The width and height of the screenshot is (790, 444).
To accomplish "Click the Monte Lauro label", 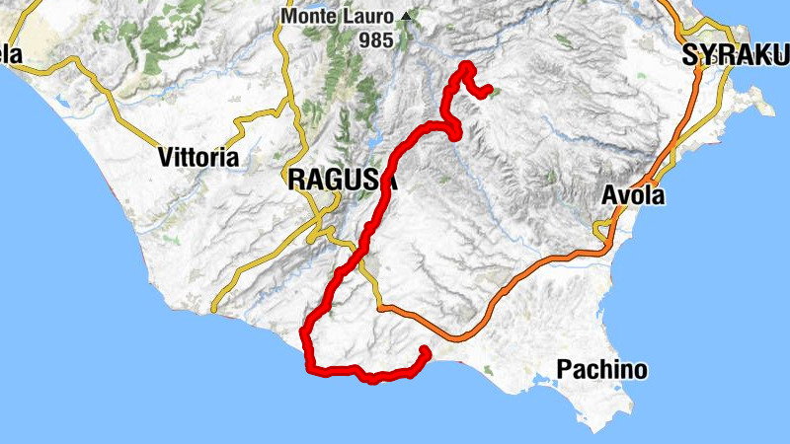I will click(339, 17).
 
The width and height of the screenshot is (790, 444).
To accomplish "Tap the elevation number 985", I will click(377, 40).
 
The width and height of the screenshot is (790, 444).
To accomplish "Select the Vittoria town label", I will click(198, 156).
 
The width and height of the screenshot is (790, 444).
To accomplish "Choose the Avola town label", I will click(633, 196).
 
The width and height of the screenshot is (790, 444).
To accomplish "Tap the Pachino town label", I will click(602, 370).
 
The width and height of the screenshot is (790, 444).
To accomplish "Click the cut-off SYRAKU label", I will click(736, 57).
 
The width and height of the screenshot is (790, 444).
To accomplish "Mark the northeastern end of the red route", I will click(488, 91).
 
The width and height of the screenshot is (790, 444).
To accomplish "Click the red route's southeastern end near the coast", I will click(425, 350).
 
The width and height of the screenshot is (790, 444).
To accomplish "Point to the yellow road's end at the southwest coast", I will click(212, 310).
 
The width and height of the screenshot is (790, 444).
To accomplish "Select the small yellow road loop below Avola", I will click(600, 231).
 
